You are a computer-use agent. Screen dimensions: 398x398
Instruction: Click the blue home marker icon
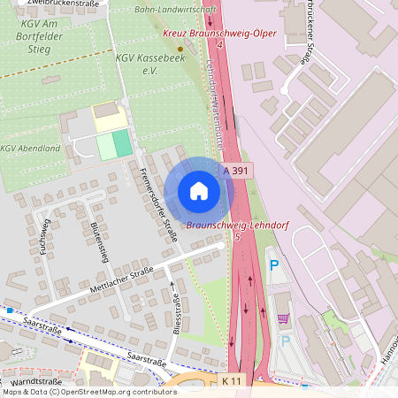199,190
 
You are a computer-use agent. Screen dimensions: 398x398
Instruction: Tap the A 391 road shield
234,170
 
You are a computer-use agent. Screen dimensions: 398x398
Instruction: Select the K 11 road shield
230,379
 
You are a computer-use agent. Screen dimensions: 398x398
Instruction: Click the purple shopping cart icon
283,318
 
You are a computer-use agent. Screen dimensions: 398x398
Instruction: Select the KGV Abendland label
30,148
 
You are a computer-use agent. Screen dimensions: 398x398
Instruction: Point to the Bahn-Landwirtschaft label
175,9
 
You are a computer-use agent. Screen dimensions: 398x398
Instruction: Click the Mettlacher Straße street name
121,282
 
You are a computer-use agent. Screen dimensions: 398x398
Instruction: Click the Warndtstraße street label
37,382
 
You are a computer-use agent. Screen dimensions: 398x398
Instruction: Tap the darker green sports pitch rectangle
122,143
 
